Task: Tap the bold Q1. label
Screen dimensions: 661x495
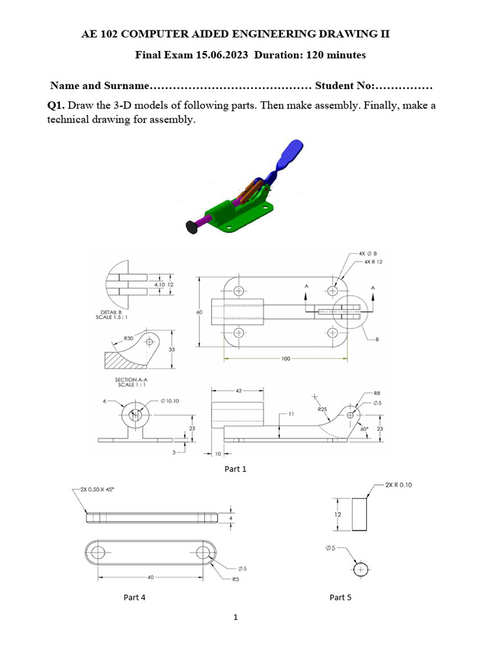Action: tap(56, 105)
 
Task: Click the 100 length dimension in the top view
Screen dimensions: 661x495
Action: tap(286, 358)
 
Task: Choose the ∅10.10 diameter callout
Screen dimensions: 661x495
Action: tap(170, 401)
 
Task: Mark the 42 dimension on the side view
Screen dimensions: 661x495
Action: tap(238, 391)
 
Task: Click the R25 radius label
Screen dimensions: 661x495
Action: tap(322, 409)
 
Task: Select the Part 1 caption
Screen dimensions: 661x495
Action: tap(235, 469)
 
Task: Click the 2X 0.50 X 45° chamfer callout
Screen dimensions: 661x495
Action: tap(94, 490)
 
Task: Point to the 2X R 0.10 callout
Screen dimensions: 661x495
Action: tap(398, 485)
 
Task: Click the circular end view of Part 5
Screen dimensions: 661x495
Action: tap(360, 569)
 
